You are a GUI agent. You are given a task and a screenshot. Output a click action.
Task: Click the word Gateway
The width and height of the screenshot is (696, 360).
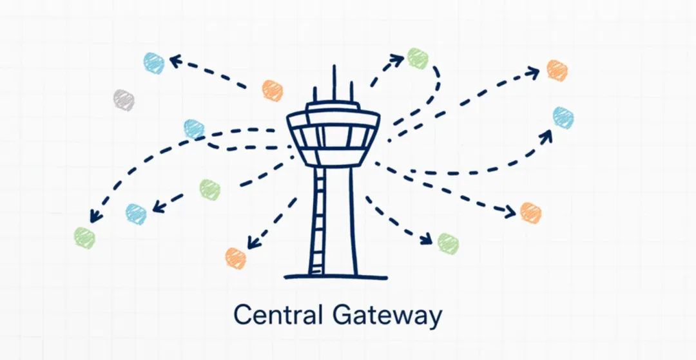pyautogui.click(x=389, y=316)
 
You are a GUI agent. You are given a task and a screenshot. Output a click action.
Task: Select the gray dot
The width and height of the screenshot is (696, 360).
pyautogui.click(x=123, y=100)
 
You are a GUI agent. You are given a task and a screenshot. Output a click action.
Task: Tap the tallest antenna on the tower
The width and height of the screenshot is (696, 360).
pyautogui.click(x=334, y=82)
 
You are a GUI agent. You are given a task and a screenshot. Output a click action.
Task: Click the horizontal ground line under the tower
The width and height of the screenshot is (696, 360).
pyautogui.click(x=336, y=278)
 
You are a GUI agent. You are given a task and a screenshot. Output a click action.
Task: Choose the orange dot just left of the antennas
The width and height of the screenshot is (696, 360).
pyautogui.click(x=273, y=91)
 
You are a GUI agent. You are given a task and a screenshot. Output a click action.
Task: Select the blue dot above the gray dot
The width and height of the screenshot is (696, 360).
pyautogui.click(x=154, y=63)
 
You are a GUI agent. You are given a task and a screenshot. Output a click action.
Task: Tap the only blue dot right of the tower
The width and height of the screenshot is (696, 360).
pyautogui.click(x=563, y=118)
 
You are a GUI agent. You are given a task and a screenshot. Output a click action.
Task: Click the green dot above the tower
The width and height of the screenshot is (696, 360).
pyautogui.click(x=418, y=59)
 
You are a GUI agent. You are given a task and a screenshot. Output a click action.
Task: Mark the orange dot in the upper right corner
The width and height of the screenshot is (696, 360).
pyautogui.click(x=557, y=70)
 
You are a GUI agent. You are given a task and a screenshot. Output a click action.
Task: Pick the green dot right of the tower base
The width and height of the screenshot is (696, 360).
pyautogui.click(x=448, y=243)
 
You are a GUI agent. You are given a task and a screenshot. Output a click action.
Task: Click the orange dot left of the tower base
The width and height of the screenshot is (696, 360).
pyautogui.click(x=236, y=258)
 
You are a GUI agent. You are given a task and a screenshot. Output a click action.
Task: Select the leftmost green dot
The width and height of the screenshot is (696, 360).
pyautogui.click(x=84, y=238)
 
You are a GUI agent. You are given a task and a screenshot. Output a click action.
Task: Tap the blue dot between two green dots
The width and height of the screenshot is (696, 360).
pyautogui.click(x=136, y=214)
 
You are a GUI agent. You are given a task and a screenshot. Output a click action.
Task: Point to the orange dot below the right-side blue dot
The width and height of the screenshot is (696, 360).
pyautogui.click(x=530, y=213)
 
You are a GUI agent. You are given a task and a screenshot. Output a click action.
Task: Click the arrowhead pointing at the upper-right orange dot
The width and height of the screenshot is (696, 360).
pyautogui.click(x=533, y=72)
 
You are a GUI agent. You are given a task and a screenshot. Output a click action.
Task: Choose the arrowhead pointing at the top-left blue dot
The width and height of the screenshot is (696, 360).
pyautogui.click(x=175, y=62)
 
